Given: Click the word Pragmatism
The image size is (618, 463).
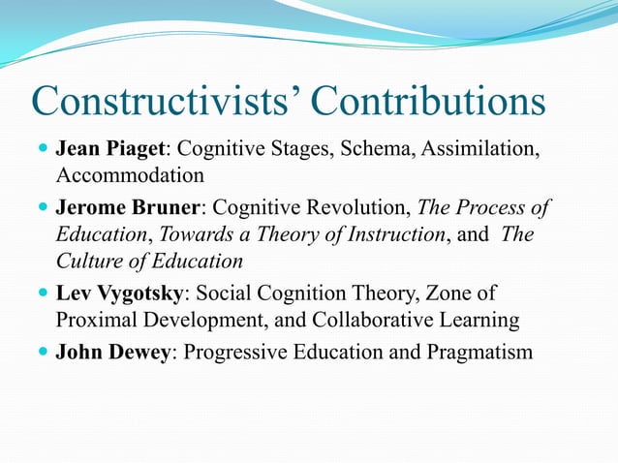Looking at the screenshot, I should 477,352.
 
